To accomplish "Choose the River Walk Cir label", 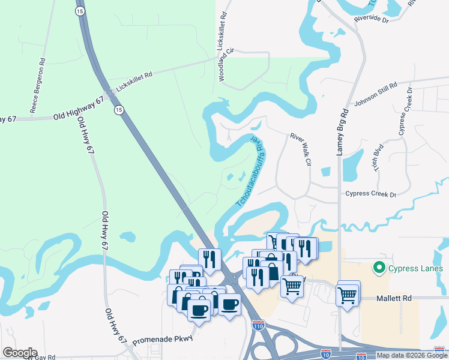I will pyautogui.click(x=302, y=149).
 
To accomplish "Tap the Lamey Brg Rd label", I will pyautogui.click(x=341, y=133).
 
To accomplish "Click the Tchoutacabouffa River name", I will pyautogui.click(x=250, y=172).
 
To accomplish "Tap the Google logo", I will pyautogui.click(x=20, y=353).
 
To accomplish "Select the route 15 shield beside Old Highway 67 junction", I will pyautogui.click(x=119, y=110).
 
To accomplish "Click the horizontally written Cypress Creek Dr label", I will pyautogui.click(x=371, y=194).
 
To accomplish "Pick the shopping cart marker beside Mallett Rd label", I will pyautogui.click(x=348, y=294).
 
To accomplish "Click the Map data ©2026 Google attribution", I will pyautogui.click(x=406, y=355).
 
